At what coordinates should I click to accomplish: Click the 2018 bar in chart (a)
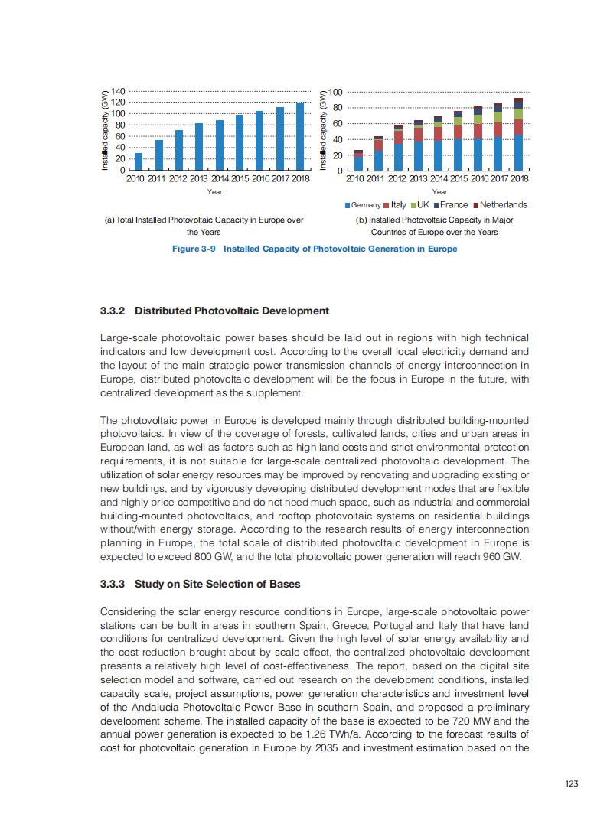click(x=300, y=135)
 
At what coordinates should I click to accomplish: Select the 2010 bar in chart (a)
click(x=139, y=161)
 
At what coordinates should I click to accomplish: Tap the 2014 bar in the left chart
click(x=220, y=145)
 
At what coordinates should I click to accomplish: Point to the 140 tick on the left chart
click(x=116, y=91)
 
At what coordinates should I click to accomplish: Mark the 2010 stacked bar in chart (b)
click(x=358, y=160)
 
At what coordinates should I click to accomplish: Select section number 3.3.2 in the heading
click(x=114, y=311)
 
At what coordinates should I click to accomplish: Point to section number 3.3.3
click(x=114, y=584)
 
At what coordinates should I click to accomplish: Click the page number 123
click(x=570, y=783)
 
